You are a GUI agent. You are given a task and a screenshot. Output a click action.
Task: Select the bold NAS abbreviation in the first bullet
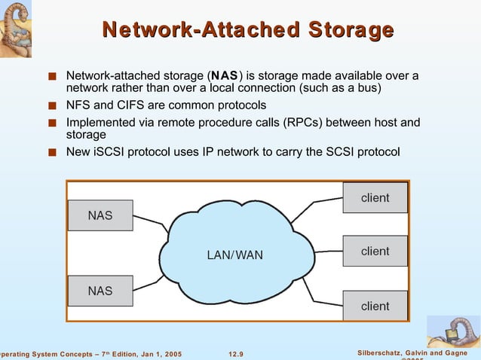coord(225,76)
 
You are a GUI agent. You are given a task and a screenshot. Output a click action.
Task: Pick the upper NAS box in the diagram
coord(100,215)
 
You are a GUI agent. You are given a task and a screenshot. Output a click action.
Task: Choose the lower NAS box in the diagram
coord(100,291)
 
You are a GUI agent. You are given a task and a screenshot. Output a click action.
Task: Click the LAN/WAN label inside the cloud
coord(235,255)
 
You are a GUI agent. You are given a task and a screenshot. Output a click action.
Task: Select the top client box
coord(375,197)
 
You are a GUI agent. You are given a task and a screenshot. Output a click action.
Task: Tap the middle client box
coord(375,251)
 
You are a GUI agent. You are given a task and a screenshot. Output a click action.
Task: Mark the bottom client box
coord(375,306)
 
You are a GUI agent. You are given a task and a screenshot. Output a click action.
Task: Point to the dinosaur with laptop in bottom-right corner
coord(454,331)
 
